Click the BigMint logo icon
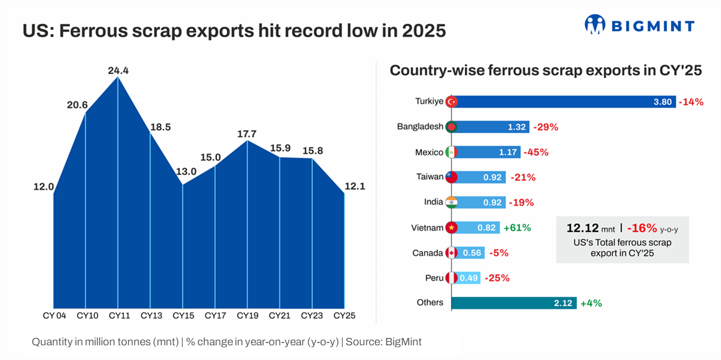pos(595,24)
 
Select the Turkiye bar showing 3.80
pos(565,102)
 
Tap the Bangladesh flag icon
pos(451,127)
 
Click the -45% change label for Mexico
pos(536,152)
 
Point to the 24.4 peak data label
pos(118,71)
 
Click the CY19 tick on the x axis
pos(247,315)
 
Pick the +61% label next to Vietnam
pos(517,228)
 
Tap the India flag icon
pos(451,202)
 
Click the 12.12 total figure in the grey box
pos(582,228)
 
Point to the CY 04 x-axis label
pos(55,315)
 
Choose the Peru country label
pos(434,278)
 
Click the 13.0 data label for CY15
pos(187,172)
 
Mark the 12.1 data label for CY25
pos(354,186)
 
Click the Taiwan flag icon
pos(451,177)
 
